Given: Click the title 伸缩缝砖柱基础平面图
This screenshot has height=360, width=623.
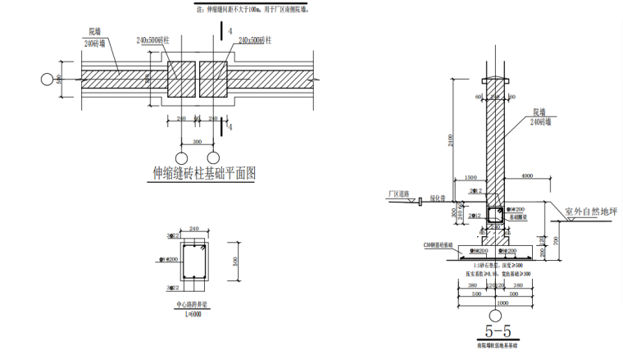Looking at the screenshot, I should (204, 173).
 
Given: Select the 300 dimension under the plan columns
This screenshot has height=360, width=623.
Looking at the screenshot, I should (197, 141).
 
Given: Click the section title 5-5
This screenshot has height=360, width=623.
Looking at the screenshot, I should (498, 331).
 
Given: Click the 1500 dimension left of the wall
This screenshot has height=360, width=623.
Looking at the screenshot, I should (471, 177).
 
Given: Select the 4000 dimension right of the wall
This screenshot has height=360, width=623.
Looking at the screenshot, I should (527, 177).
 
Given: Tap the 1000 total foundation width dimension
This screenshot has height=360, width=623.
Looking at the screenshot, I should (498, 302).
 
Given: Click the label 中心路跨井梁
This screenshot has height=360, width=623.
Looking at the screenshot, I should (193, 305).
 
